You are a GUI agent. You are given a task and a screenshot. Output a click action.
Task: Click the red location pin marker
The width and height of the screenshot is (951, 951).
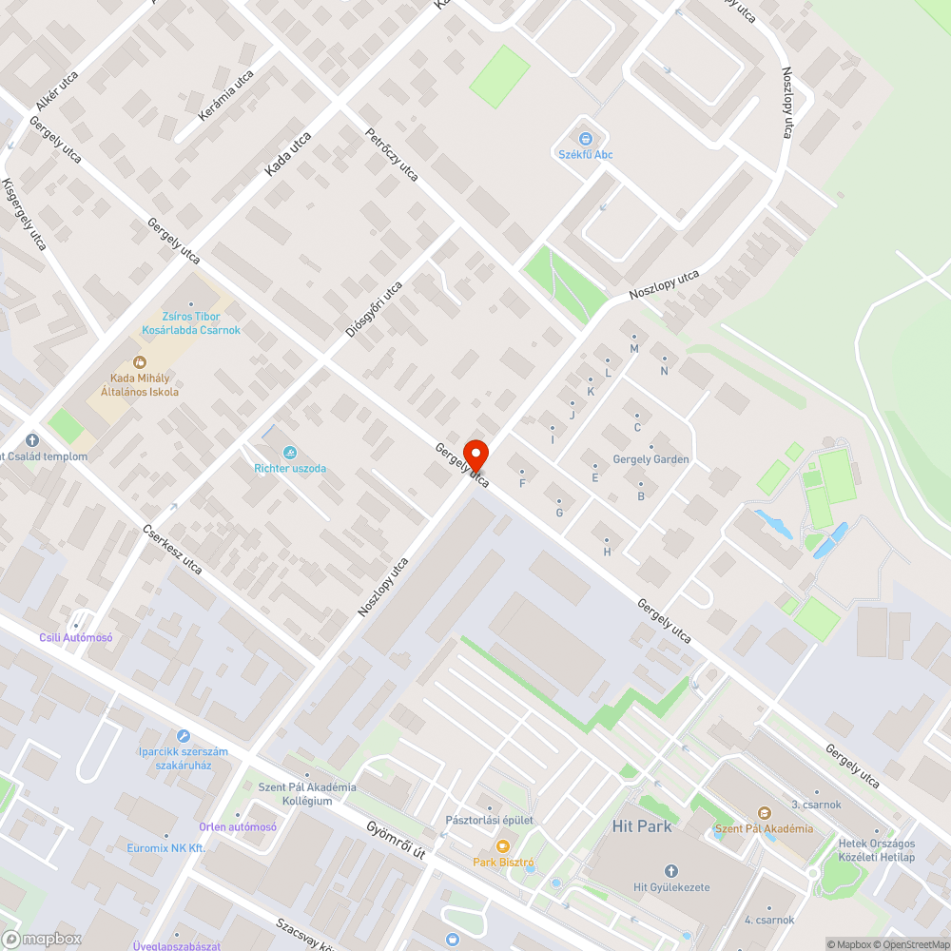coord(475,455)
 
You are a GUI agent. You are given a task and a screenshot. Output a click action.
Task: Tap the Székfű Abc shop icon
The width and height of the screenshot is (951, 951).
coord(585,139)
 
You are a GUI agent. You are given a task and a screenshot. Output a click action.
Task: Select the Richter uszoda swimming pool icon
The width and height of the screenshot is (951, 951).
coord(290,452)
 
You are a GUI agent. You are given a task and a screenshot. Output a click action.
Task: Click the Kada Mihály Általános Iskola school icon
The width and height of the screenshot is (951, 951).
coord(140,361)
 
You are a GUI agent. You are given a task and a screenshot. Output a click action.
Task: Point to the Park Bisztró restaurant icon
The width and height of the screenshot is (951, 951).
coord(503,846)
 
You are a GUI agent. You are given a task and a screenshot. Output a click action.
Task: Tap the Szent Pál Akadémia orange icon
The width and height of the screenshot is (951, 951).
coord(764,812)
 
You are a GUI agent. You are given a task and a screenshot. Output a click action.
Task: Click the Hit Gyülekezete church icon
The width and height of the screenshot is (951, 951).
coord(671,871)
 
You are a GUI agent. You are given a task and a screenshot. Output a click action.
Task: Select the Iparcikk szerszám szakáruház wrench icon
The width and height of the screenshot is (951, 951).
coord(184,736)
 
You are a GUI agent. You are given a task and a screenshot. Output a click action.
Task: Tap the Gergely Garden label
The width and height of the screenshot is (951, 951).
coord(651,459)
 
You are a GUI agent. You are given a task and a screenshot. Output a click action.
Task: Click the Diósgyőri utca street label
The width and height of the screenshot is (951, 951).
coord(374,309)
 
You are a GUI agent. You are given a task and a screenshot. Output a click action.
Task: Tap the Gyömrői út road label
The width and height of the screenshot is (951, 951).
coord(396,841)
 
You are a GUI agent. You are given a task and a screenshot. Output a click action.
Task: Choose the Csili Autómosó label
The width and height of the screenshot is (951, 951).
coord(76,638)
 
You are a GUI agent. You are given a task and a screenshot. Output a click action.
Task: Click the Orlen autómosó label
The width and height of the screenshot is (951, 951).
coord(238,826)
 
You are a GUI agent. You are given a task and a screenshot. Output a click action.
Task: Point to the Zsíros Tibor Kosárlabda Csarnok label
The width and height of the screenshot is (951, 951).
coord(191,323)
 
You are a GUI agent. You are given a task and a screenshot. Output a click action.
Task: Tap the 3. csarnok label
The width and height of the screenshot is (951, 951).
coord(816,805)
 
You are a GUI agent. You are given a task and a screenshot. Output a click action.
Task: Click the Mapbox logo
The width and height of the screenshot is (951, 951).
coord(42,939)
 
